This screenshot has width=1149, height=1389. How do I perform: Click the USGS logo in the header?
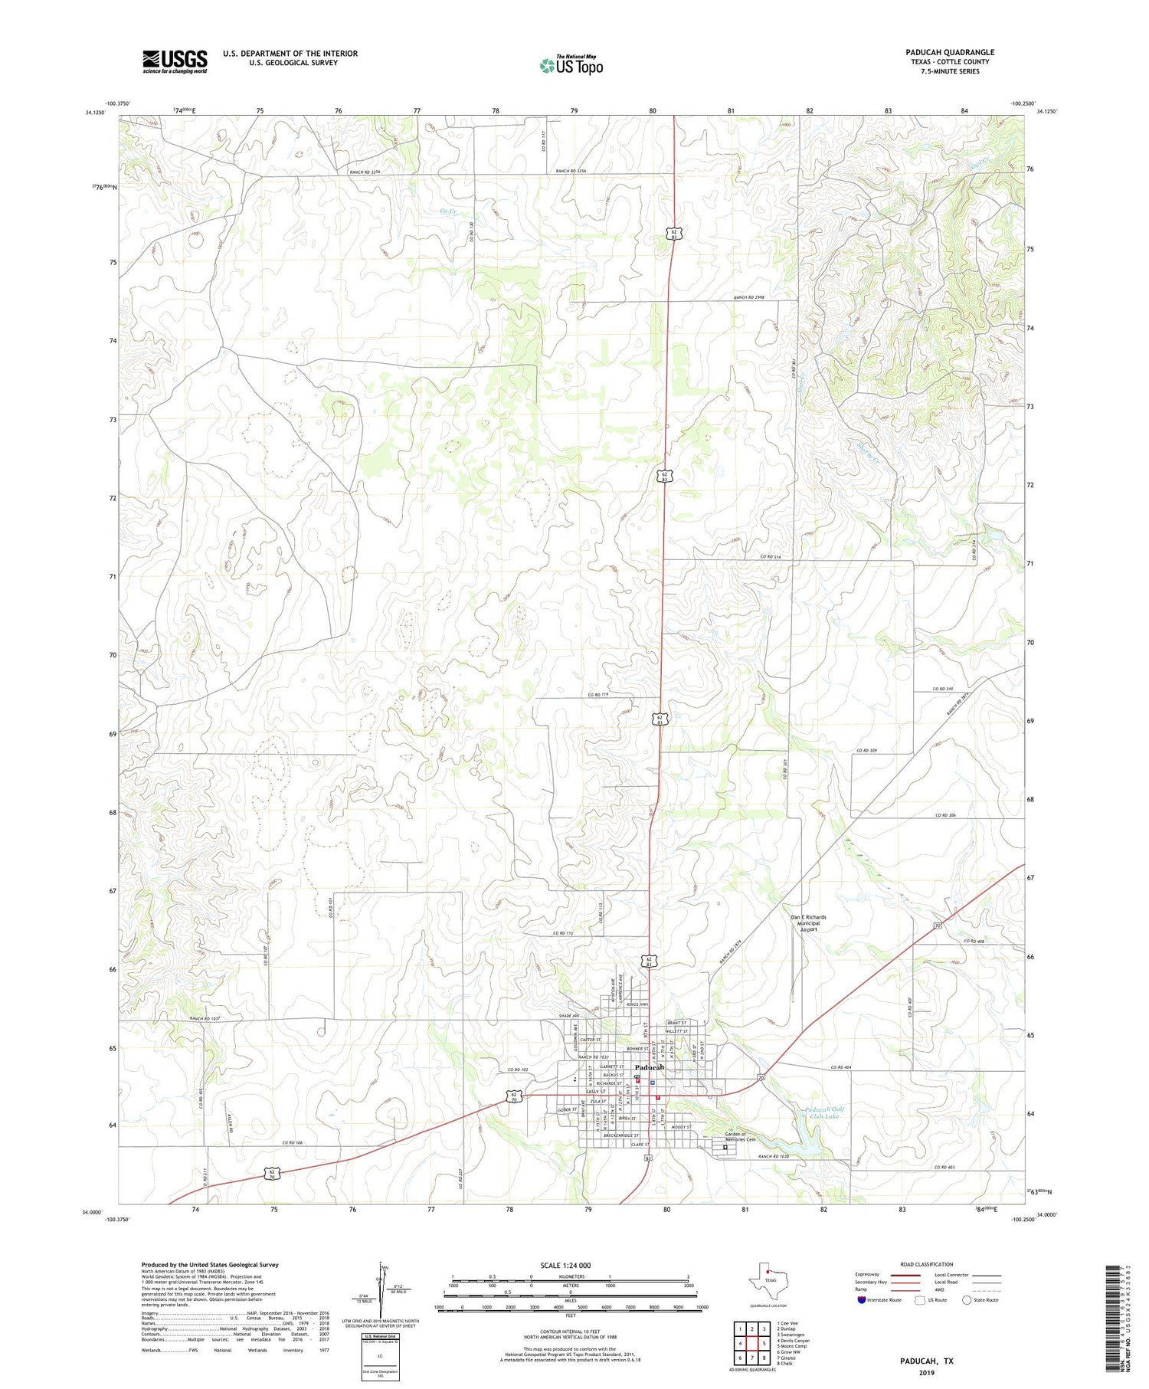point(175,61)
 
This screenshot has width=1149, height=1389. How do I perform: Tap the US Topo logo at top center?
point(571,66)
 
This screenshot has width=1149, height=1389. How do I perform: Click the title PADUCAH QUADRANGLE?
point(950,52)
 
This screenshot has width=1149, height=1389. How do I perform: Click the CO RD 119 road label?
point(598,695)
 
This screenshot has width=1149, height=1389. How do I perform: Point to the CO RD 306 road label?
point(945,816)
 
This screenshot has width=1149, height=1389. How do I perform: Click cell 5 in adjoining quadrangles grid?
point(764,1343)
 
